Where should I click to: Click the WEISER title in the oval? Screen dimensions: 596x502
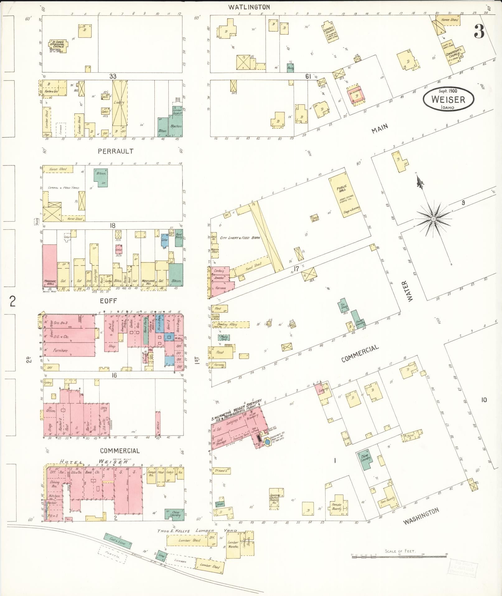pyautogui.click(x=448, y=99)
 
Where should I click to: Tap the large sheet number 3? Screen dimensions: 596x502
pyautogui.click(x=479, y=31)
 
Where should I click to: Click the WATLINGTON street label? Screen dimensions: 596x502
pyautogui.click(x=249, y=7)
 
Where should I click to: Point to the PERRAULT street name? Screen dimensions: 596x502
pyautogui.click(x=115, y=151)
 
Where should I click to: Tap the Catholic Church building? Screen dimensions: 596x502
pyautogui.click(x=330, y=32)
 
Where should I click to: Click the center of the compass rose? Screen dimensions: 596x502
pyautogui.click(x=433, y=219)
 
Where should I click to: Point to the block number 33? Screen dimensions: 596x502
pyautogui.click(x=113, y=76)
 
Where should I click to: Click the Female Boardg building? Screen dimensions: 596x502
pyautogui.click(x=337, y=506)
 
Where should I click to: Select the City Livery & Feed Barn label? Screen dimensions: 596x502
pyautogui.click(x=240, y=238)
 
